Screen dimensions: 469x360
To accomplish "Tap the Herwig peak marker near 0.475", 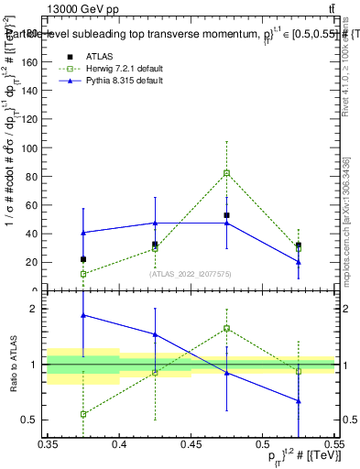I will [x=226, y=173].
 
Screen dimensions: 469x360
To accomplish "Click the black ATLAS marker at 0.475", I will [x=226, y=215].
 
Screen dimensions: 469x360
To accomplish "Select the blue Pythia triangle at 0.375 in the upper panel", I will [x=83, y=233].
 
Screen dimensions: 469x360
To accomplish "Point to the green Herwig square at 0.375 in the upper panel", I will [x=83, y=274].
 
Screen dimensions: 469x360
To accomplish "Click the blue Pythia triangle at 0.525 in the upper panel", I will [x=299, y=262].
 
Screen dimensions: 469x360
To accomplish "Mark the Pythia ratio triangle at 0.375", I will [x=83, y=315].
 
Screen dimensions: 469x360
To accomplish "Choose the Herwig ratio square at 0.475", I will [x=226, y=328].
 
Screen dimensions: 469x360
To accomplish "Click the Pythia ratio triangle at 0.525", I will [x=299, y=401].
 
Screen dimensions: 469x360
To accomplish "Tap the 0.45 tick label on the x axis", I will [x=191, y=443].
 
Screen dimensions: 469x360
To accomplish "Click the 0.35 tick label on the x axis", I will [x=49, y=443].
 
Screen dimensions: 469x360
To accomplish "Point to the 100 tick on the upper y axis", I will [x=35, y=148].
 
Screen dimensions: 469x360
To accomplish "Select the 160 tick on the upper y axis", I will [x=35, y=62].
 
